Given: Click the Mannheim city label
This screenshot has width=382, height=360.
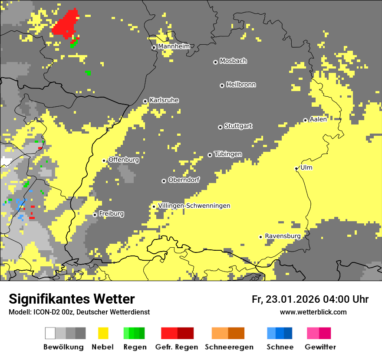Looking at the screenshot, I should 174,46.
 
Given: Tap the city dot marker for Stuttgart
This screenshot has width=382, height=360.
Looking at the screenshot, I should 220,127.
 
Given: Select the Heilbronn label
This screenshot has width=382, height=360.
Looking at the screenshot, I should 241,85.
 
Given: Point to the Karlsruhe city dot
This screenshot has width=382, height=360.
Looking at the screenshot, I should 145,101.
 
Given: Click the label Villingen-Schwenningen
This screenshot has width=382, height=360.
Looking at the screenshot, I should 194,206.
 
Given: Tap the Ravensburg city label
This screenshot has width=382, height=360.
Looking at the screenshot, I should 283,236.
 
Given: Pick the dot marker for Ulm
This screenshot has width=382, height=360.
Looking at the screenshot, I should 296,168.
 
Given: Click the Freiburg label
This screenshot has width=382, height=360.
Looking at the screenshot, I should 111,214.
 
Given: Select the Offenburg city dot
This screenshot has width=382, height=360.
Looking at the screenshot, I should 104,160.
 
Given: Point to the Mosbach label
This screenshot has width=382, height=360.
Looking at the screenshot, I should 233,61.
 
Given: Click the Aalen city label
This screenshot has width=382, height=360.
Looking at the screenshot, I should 318,119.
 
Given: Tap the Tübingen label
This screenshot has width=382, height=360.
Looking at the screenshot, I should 228,154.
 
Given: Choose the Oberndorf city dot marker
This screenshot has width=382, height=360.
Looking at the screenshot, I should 164,181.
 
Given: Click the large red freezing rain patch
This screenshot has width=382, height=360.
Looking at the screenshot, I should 66,24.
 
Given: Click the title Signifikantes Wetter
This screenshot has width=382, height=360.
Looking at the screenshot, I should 72,299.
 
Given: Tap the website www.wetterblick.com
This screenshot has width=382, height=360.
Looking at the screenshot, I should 313,312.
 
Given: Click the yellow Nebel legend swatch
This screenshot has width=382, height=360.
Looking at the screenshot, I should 103,333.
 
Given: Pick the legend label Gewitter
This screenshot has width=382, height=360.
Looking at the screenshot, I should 320,347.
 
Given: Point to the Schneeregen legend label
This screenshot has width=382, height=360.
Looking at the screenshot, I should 229,347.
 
